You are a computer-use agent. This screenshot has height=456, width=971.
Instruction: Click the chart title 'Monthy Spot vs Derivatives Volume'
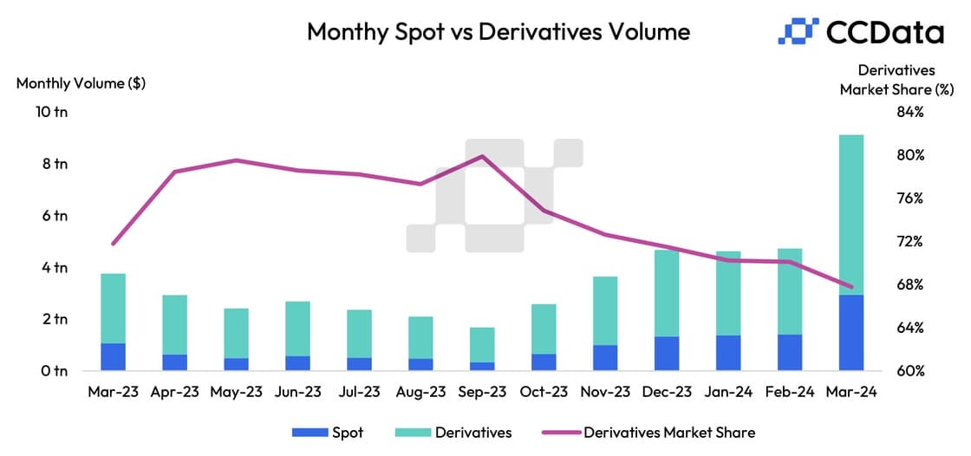(499, 32)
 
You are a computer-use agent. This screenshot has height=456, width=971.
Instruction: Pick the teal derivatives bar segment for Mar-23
(113, 308)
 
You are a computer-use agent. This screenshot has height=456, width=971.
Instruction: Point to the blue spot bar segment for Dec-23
(667, 354)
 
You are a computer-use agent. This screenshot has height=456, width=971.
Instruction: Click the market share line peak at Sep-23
(482, 156)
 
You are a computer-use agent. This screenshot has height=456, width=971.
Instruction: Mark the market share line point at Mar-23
(114, 244)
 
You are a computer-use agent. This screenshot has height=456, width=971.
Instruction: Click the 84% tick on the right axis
(910, 112)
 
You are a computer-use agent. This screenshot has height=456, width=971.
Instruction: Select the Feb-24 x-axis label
(790, 392)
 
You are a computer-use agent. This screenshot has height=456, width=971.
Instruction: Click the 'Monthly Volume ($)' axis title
(81, 83)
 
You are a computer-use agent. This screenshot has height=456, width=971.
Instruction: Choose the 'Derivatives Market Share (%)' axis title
(896, 79)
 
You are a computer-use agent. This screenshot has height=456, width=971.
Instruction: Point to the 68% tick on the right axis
(910, 284)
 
